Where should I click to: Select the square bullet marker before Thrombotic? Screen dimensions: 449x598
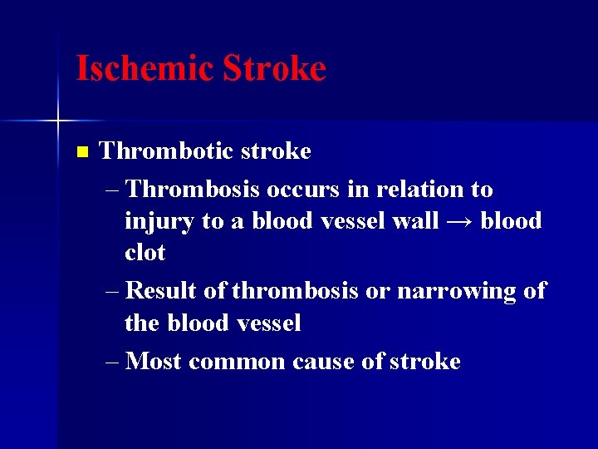pos(81,152)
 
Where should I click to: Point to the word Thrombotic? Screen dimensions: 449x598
pos(165,151)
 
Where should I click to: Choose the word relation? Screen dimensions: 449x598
pos(422,190)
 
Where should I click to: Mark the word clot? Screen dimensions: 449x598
pos(145,253)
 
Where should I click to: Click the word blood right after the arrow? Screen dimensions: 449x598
pos(511,221)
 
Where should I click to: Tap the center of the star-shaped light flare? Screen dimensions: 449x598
pos(57,121)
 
